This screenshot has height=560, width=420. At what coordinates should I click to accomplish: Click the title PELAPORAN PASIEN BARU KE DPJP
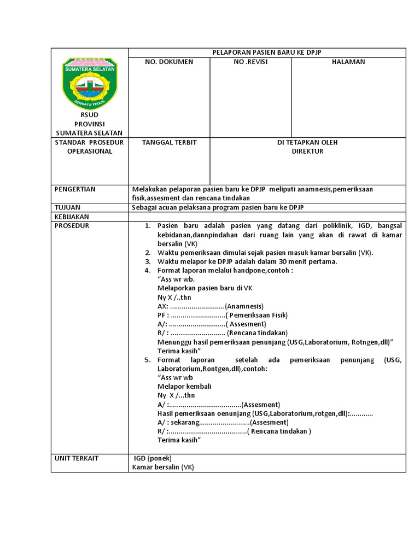tap(266, 52)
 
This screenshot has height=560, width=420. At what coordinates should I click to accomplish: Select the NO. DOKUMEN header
tap(168, 62)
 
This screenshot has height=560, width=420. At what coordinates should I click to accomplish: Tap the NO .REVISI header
tap(250, 62)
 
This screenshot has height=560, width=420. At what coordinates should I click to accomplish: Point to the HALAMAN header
tap(348, 62)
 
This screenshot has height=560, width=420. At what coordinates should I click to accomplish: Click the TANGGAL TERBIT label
tap(169, 142)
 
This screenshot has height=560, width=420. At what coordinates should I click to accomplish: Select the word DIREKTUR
tap(307, 151)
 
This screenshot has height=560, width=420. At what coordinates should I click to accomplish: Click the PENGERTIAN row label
tap(75, 189)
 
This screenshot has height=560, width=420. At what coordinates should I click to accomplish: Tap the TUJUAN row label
tap(67, 208)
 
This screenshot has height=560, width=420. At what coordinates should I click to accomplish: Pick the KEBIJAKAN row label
tap(72, 217)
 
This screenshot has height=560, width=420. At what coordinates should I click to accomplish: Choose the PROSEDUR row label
tap(72, 225)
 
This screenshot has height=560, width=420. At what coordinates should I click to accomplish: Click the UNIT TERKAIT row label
tap(77, 458)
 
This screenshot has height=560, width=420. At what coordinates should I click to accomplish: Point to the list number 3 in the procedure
tap(147, 261)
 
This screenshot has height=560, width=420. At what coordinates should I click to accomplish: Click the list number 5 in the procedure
tap(147, 360)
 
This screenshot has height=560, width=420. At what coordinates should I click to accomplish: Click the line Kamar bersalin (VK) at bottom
tap(163, 467)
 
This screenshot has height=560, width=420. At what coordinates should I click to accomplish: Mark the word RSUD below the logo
tap(89, 115)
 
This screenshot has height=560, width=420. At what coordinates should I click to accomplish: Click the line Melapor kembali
tap(184, 386)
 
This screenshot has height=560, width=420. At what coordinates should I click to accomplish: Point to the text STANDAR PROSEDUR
tap(89, 142)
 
